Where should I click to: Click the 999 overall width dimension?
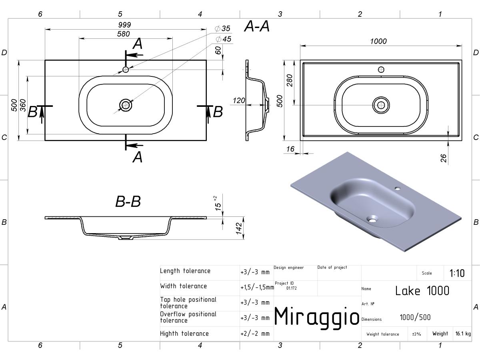pos(124,25)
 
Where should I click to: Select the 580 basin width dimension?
pos(123,34)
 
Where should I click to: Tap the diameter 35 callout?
pos(223,28)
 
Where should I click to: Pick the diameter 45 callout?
pos(224,39)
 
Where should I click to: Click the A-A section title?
pos(257,26)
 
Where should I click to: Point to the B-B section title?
pos(128,201)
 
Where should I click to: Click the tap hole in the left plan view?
pos(126,70)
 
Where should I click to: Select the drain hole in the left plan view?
pos(126,105)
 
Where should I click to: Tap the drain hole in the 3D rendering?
pos(372,219)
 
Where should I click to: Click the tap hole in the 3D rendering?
pos(397,188)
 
